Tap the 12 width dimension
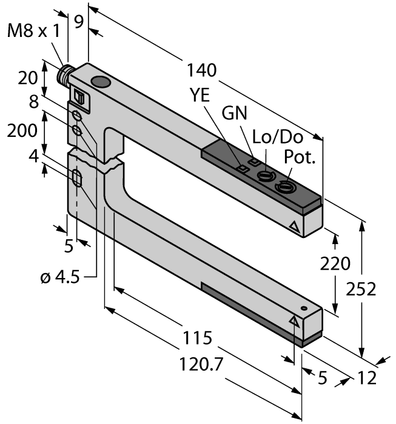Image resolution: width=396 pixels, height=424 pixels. click(367, 378)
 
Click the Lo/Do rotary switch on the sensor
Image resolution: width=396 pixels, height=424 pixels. click(265, 177)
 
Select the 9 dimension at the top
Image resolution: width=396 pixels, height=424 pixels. click(78, 21)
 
